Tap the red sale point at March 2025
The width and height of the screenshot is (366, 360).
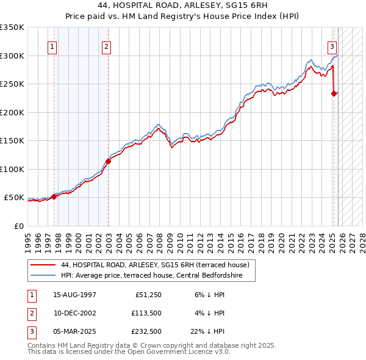pyautogui.click(x=334, y=94)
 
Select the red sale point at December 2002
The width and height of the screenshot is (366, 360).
pyautogui.click(x=108, y=162)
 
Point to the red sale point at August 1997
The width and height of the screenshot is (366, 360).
pyautogui.click(x=54, y=196)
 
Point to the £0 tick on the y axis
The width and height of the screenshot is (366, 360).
pyautogui.click(x=19, y=226)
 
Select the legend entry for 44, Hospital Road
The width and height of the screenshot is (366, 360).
pyautogui.click(x=155, y=265)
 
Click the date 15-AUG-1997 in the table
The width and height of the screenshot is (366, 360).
pyautogui.click(x=74, y=295)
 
